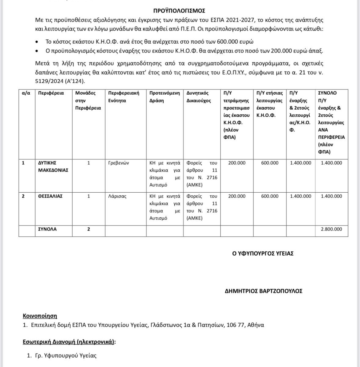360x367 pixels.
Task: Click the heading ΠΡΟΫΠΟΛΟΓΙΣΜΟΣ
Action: (179, 11)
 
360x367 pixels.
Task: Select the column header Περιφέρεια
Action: (51, 93)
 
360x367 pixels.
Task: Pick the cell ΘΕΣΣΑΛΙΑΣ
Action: (50, 196)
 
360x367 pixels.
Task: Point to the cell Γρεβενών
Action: (118, 163)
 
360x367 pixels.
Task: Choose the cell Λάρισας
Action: (117, 196)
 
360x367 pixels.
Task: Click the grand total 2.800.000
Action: (331, 229)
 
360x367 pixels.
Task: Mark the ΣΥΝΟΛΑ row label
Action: (47, 229)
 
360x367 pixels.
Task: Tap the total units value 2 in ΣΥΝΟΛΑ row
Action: (89, 229)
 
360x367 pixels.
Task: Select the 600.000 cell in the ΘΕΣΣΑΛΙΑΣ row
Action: (270, 196)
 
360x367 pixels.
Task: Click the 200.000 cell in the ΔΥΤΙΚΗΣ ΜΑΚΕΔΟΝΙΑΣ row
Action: (237, 163)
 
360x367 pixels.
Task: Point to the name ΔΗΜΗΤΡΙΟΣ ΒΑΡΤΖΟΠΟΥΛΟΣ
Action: (264, 291)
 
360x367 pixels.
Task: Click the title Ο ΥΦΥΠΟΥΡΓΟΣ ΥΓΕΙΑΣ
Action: (263, 253)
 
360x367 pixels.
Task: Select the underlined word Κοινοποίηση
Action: (40, 316)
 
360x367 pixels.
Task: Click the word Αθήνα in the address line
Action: (256, 325)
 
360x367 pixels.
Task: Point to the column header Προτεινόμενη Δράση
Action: (165, 97)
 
